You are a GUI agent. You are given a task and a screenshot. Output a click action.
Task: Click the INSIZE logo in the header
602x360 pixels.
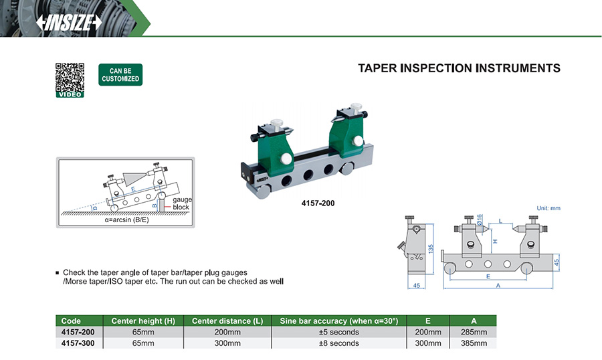tap(70, 22)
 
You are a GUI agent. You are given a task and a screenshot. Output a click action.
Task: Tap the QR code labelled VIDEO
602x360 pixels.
tap(70, 78)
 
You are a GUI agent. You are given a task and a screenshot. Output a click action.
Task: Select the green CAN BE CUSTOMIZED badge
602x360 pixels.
tap(120, 74)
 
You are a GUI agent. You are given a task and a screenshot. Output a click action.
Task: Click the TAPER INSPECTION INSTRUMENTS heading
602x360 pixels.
tap(459, 68)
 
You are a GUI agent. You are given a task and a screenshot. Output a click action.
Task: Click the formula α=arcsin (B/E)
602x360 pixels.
tap(125, 220)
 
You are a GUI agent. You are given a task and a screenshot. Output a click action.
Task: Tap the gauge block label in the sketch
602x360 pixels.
tap(181, 203)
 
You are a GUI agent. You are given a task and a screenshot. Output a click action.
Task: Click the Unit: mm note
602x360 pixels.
tap(548, 208)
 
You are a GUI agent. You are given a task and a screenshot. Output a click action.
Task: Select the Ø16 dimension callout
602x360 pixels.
tap(480, 220)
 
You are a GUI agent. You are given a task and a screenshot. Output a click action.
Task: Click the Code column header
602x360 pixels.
tap(71, 321)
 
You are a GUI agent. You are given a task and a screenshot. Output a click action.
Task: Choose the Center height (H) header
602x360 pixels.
tap(143, 321)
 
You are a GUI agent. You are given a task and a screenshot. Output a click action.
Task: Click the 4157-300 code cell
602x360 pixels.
tap(77, 343)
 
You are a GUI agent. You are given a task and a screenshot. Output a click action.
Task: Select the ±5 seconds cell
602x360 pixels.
tap(339, 332)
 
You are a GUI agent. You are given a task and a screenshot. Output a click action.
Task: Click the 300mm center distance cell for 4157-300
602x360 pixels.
tap(227, 343)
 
